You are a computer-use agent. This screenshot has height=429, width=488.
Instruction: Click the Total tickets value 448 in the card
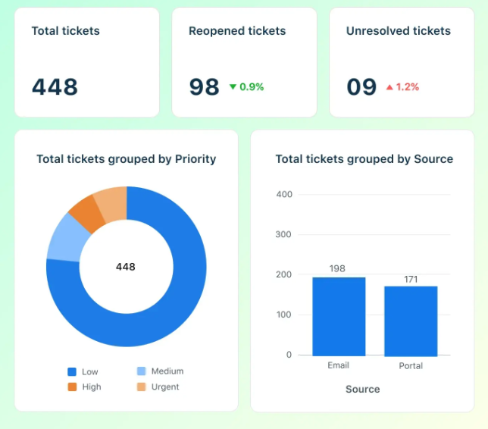(x=55, y=86)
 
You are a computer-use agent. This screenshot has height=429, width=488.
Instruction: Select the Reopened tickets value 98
(x=204, y=86)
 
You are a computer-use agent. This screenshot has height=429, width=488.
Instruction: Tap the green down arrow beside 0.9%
(x=233, y=87)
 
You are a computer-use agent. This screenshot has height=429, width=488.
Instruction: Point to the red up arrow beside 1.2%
(x=389, y=87)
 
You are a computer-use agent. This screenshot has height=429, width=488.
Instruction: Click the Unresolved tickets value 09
(x=361, y=86)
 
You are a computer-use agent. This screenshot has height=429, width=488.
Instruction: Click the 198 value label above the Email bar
(x=338, y=268)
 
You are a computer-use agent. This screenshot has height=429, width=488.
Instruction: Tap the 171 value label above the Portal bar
(x=411, y=279)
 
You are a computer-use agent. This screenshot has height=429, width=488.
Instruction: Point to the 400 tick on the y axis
(x=284, y=194)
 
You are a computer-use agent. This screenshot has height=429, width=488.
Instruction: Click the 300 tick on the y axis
(x=284, y=234)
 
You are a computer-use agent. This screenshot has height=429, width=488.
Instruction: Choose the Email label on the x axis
(x=338, y=365)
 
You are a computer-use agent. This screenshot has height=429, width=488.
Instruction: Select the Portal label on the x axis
(x=411, y=366)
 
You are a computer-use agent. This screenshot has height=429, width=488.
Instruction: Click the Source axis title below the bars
(x=362, y=389)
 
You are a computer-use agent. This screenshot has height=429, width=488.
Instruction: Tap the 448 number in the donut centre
(x=126, y=267)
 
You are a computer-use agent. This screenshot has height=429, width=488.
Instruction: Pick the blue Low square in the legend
(x=72, y=371)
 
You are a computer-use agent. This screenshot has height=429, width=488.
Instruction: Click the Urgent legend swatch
(x=141, y=387)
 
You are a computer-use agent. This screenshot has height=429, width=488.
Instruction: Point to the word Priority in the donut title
(x=196, y=159)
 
